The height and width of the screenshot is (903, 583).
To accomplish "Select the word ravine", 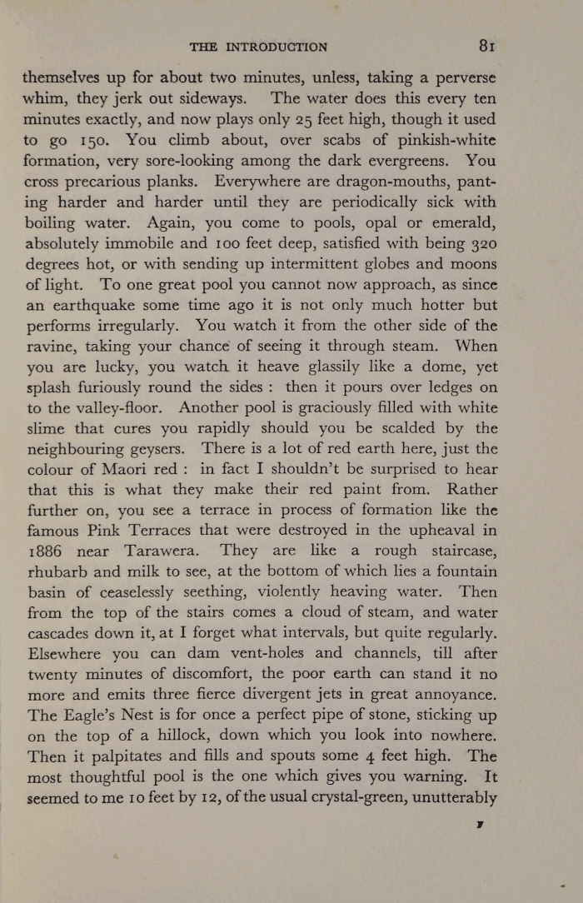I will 47,347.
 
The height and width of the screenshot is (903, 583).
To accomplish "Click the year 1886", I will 47,551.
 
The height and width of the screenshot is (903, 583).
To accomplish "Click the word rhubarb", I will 54,572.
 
